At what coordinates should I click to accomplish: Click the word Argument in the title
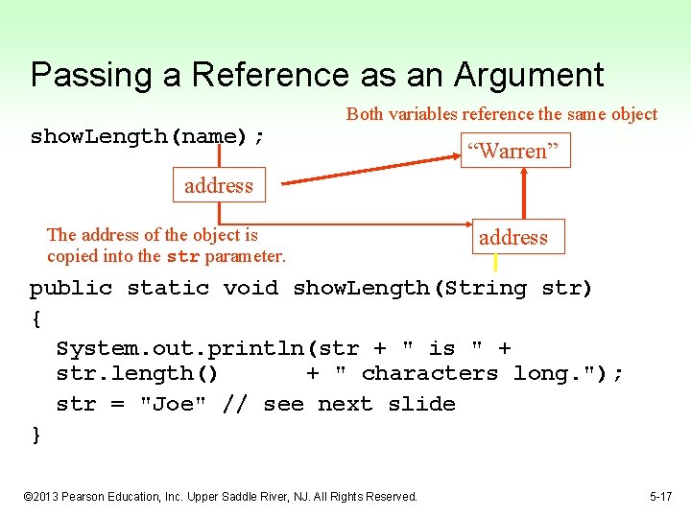pos(530,75)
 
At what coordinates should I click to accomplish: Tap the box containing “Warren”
pos(515,151)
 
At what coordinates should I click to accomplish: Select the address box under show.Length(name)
pos(219,185)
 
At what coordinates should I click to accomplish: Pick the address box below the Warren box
pos(513,237)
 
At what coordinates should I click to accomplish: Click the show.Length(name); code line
pos(148,136)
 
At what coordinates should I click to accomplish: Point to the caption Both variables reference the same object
pos(502,114)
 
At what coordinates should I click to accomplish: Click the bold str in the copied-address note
pos(182,257)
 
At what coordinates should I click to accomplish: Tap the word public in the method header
pos(71,288)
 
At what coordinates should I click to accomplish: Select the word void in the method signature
pos(250,288)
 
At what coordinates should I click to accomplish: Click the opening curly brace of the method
pos(36,318)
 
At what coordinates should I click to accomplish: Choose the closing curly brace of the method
pos(36,435)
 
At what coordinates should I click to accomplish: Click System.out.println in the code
pos(182,348)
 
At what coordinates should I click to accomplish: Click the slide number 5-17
pos(660,496)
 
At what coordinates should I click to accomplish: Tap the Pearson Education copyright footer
pos(220,496)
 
